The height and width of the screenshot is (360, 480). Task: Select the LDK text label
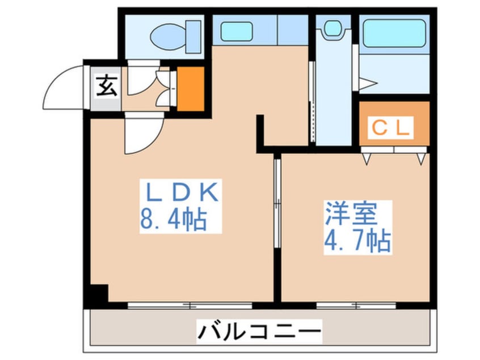(x=180, y=193)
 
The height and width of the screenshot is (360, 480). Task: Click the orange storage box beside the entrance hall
(x=191, y=89)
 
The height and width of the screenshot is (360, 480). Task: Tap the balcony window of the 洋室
(x=356, y=305)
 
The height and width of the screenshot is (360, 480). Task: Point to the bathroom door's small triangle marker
(x=368, y=85)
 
